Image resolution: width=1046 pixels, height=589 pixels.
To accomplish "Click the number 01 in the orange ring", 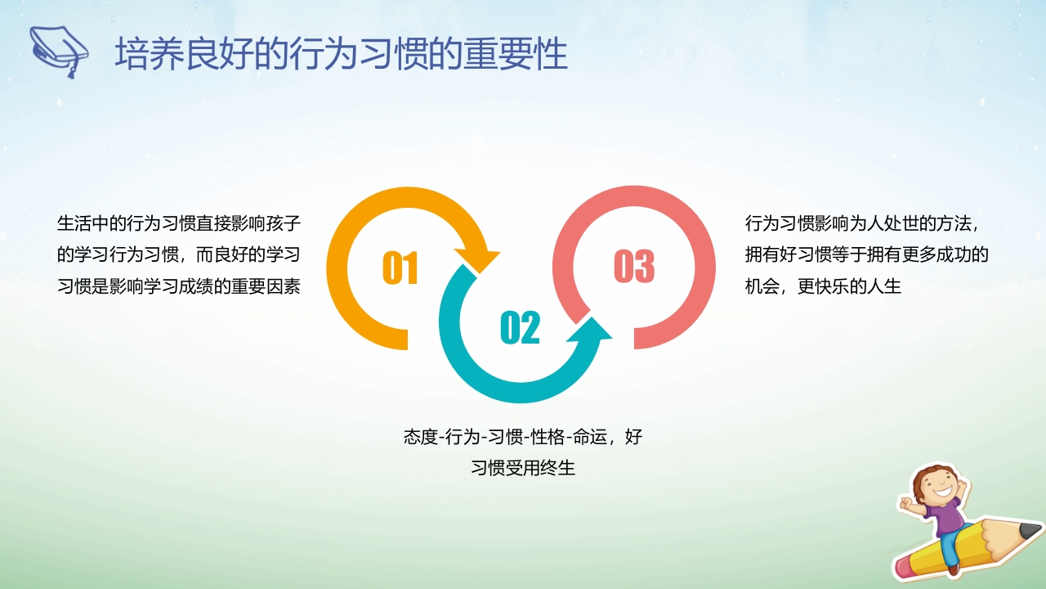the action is coord(400,268).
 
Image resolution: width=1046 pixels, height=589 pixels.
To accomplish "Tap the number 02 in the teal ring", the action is coord(520,327).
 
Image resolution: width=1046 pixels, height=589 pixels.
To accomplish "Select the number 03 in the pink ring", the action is coord(634,266).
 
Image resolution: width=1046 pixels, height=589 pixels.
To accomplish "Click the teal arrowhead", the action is coord(590,333).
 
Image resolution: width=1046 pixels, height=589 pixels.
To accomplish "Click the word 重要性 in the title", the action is coord(516,54).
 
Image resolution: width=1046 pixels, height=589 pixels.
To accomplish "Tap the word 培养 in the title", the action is coord(150,54).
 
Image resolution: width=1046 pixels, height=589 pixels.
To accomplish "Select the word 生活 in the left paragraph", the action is coord(74,223).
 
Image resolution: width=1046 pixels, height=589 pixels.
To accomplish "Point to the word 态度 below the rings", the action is coord(421,437).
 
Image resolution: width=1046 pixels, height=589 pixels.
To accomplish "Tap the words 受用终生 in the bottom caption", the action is coord(540,467).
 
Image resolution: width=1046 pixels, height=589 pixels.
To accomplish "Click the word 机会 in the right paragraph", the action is coord(762,286).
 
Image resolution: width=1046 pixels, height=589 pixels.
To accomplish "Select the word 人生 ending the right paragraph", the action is coord(884,286).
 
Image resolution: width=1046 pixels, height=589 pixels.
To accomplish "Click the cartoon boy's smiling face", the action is coord(939,486).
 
